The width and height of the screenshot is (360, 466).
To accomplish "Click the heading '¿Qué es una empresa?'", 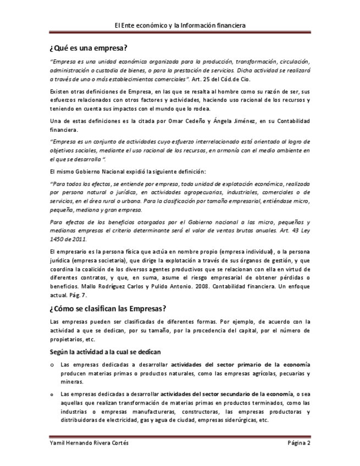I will (x=88, y=47).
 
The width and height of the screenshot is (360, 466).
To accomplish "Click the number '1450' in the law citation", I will (x=57, y=240).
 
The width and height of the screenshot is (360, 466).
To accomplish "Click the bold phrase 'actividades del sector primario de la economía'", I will (x=240, y=364).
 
